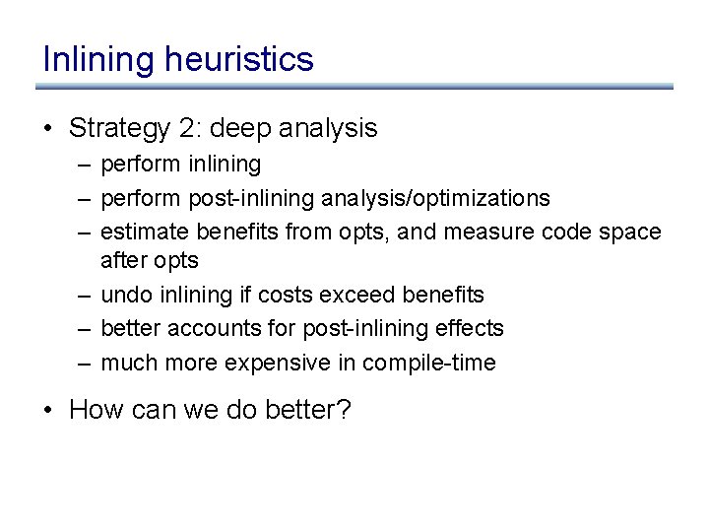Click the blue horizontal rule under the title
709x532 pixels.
pyautogui.click(x=354, y=87)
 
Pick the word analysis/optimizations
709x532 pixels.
pyautogui.click(x=434, y=198)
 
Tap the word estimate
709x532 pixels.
pyautogui.click(x=146, y=232)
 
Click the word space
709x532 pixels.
pyautogui.click(x=628, y=232)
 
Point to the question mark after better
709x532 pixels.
pyautogui.click(x=344, y=409)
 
